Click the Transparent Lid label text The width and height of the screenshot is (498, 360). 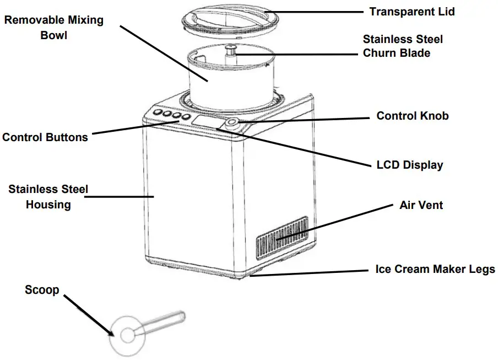[412, 12]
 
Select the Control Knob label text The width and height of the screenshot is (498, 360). [412, 116]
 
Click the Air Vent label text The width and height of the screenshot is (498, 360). [421, 205]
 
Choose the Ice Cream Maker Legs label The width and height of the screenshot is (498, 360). [435, 270]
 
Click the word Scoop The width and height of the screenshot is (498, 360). [42, 290]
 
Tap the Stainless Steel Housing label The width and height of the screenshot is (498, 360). [47, 197]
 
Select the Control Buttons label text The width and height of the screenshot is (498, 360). [45, 137]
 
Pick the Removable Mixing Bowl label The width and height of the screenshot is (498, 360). [53, 28]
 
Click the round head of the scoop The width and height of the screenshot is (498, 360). [127, 335]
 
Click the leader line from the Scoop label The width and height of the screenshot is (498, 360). [88, 314]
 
